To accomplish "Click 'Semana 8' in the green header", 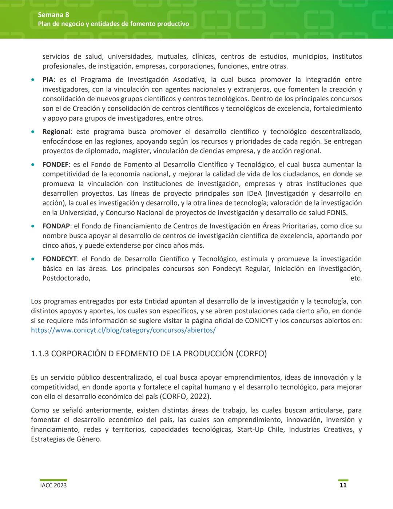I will tap(53, 15).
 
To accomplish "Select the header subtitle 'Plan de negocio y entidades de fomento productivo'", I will tap(113, 24).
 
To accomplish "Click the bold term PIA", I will tap(48, 80).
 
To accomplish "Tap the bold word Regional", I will tap(56, 132).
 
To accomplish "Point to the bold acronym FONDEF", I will tap(55, 165).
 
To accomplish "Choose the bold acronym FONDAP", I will tap(56, 226).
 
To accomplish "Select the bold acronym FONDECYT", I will tap(59, 259).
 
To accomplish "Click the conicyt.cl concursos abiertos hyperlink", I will tap(123, 330).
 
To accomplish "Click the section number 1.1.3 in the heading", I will tap(40, 354).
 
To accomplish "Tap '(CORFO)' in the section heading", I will tap(251, 354).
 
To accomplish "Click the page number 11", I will tap(343, 485).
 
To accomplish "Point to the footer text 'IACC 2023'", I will tap(53, 485).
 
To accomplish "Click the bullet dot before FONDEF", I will tap(33, 165).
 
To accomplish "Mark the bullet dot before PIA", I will tap(33, 80).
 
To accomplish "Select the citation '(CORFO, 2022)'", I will tap(185, 397).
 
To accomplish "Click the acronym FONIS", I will tap(337, 213).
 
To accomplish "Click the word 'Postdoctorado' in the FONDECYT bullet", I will tap(66, 278).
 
